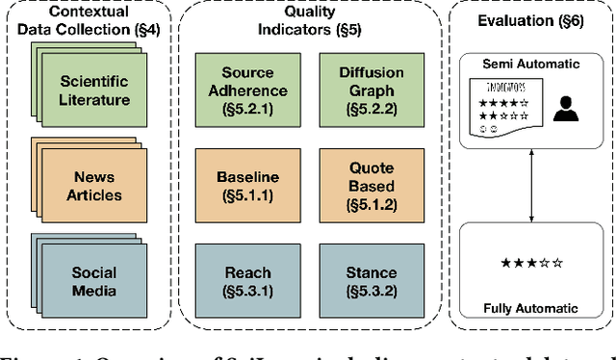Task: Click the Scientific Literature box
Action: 93,91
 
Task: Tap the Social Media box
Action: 94,281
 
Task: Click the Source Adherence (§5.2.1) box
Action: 247,90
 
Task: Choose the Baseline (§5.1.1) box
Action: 247,185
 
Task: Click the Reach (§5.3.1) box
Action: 247,281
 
